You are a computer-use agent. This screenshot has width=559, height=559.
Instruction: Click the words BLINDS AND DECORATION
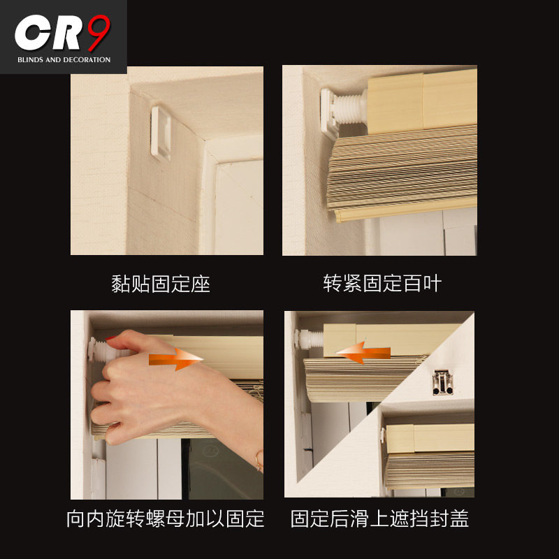click(x=64, y=60)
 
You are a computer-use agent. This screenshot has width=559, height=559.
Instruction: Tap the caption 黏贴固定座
click(x=161, y=284)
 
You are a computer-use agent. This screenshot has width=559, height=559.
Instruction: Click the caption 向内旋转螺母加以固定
click(x=166, y=518)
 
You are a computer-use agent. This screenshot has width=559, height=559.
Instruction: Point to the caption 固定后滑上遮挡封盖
click(x=379, y=518)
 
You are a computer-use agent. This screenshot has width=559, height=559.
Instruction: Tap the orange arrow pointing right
click(x=175, y=360)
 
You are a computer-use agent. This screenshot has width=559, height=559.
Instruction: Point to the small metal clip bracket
click(x=440, y=381)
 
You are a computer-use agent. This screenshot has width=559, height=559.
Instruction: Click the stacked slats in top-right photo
click(x=405, y=168)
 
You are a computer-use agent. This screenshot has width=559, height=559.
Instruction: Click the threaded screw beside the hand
click(x=101, y=347)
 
